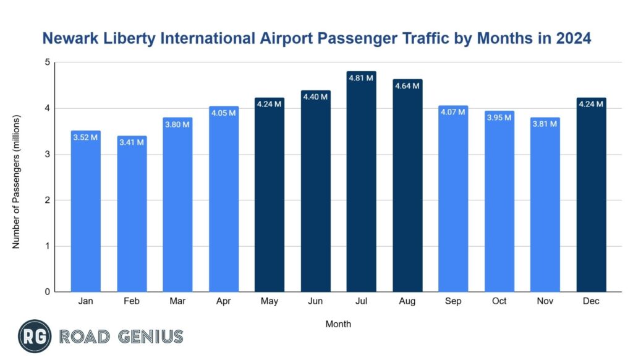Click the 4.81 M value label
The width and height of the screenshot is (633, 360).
(x=361, y=79)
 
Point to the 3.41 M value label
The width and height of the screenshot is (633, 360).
(x=132, y=143)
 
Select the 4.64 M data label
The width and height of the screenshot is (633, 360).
(x=407, y=86)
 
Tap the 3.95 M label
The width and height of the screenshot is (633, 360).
(x=499, y=118)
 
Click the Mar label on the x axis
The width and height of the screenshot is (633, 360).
(x=177, y=301)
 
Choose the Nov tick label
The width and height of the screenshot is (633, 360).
(x=545, y=301)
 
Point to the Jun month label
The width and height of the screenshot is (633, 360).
(x=315, y=301)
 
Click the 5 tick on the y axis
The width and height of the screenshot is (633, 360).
(x=48, y=62)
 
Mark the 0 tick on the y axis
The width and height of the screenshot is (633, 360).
(x=48, y=292)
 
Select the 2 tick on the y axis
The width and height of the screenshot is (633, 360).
(x=48, y=200)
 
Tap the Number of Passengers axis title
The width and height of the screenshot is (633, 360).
(x=17, y=181)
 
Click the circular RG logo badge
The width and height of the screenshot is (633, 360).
(x=35, y=336)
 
